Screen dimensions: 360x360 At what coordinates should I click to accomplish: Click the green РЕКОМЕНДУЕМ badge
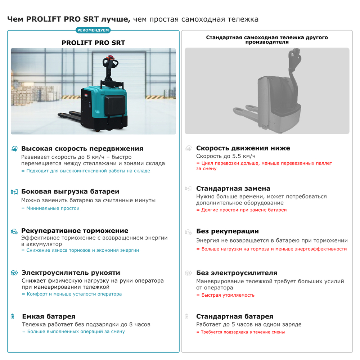93,30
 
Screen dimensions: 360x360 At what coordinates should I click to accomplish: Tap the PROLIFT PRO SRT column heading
93,42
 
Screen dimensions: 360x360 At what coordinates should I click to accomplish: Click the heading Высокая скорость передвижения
82,149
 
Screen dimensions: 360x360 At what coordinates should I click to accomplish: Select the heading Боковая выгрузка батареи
70,192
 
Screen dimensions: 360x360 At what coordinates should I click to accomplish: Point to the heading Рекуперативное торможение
75,231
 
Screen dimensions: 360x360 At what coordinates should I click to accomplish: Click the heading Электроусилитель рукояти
71,273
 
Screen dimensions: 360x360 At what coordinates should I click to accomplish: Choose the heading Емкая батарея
49,316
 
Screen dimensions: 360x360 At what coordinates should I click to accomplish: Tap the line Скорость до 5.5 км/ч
226,156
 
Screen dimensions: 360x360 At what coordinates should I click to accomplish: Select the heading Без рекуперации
227,231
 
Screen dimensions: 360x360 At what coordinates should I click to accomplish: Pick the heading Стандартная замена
233,189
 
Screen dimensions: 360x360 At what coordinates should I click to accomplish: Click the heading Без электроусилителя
237,273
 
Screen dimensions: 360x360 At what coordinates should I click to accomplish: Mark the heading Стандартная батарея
234,316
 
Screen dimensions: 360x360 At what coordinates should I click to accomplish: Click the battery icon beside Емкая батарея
13,317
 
